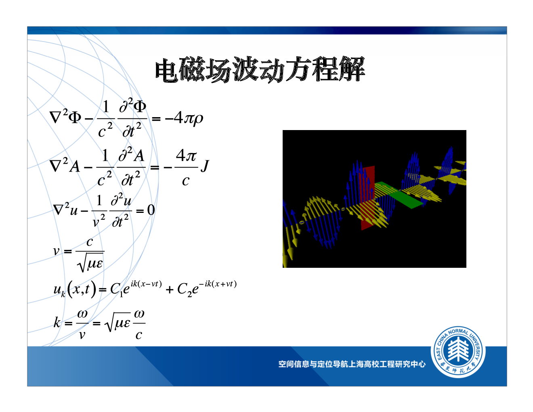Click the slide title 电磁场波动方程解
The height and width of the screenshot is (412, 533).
[260, 69]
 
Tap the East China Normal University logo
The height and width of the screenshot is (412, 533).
[458, 352]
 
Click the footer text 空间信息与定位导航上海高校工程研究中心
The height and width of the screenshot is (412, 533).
[352, 364]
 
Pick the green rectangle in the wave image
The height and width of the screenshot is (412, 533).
[399, 195]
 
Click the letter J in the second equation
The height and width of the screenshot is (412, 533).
[205, 166]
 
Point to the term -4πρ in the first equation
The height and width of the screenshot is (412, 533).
[184, 118]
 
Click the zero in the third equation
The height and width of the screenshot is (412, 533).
[151, 210]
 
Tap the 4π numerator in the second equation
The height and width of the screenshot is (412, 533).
[186, 156]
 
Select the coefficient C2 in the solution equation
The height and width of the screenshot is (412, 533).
[185, 290]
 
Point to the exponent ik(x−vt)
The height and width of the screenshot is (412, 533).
[146, 284]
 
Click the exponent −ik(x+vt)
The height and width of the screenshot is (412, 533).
[218, 284]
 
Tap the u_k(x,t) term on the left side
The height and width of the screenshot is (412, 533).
[75, 290]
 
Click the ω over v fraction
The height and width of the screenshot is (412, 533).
[82, 324]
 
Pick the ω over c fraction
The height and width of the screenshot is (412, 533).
[139, 324]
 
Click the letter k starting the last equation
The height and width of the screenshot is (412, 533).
[57, 322]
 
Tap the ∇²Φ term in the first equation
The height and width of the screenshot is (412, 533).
[65, 116]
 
